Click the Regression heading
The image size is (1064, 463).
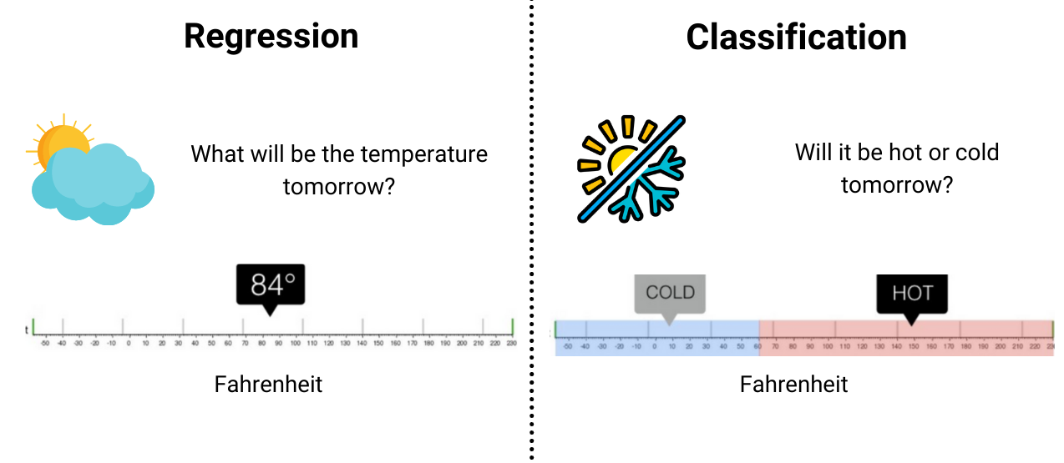(271, 37)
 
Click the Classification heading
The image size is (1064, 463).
(796, 38)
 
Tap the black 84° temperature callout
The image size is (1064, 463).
(271, 285)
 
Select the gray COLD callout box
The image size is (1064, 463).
(670, 293)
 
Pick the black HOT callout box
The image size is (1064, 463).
(911, 293)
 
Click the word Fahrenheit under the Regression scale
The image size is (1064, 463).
(268, 385)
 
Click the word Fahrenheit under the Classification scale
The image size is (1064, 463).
(793, 385)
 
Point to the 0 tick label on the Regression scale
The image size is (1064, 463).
(128, 343)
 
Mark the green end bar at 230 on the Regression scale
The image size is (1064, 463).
(512, 326)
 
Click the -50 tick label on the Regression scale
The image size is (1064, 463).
(44, 343)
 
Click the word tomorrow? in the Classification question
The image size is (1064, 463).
(896, 184)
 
